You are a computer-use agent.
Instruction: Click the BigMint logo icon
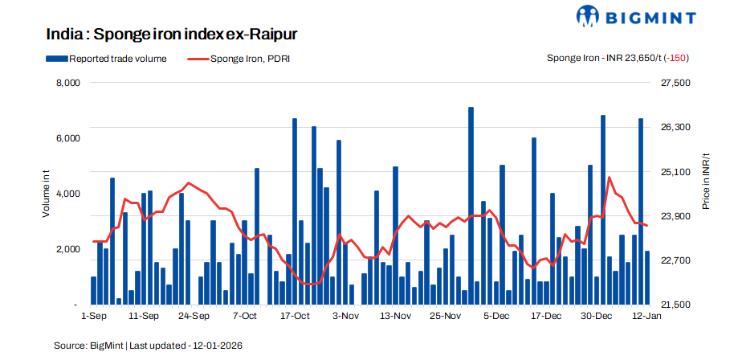[x=588, y=16]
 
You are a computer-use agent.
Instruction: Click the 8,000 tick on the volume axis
[x=67, y=83]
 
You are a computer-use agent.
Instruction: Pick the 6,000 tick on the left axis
[x=67, y=138]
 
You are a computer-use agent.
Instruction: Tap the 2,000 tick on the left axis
[x=67, y=249]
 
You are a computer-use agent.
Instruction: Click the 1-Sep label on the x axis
[x=94, y=317]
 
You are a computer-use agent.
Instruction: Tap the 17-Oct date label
[x=295, y=317]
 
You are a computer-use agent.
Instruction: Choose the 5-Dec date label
[x=495, y=317]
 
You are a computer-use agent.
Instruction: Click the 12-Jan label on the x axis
[x=646, y=317]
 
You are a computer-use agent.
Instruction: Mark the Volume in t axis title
[x=46, y=194]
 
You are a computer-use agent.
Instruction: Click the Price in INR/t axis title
[x=706, y=181]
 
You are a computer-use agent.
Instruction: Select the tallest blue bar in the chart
[x=471, y=206]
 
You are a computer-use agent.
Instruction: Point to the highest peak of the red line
[x=610, y=178]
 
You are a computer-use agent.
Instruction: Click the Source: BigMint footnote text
[x=148, y=345]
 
